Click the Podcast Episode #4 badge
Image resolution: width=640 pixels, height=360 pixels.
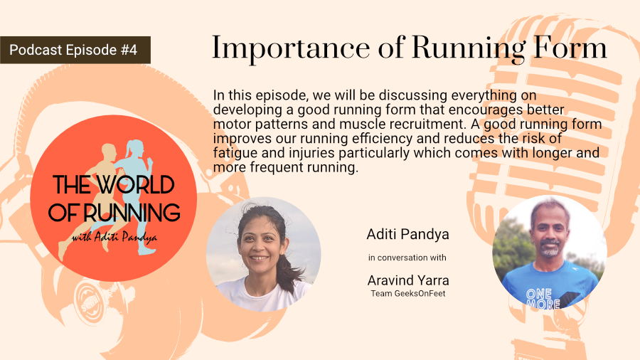pyautogui.click(x=75, y=50)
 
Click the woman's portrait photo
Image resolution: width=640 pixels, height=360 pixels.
pyautogui.click(x=263, y=254)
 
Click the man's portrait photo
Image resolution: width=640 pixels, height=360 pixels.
pyautogui.click(x=550, y=253)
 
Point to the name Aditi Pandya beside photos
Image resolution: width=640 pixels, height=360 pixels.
pyautogui.click(x=407, y=234)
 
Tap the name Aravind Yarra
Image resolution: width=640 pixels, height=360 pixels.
pyautogui.click(x=408, y=280)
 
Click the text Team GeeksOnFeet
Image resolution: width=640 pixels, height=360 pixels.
pyautogui.click(x=408, y=293)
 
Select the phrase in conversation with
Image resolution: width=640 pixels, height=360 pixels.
pyautogui.click(x=407, y=258)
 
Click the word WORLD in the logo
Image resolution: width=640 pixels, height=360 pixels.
pyautogui.click(x=136, y=185)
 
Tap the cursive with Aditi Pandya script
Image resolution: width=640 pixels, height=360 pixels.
pyautogui.click(x=114, y=237)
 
